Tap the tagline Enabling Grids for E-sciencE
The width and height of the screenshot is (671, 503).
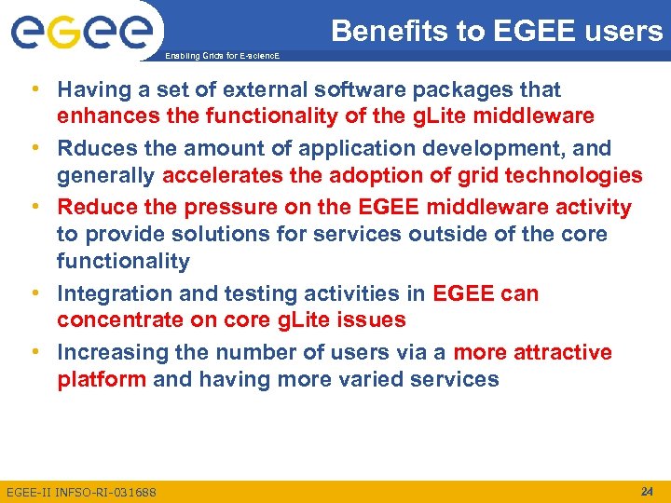click(x=221, y=57)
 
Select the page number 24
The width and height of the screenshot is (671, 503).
click(x=647, y=491)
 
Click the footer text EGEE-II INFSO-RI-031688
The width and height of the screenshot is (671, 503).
click(x=82, y=492)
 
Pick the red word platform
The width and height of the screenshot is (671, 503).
click(x=102, y=380)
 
